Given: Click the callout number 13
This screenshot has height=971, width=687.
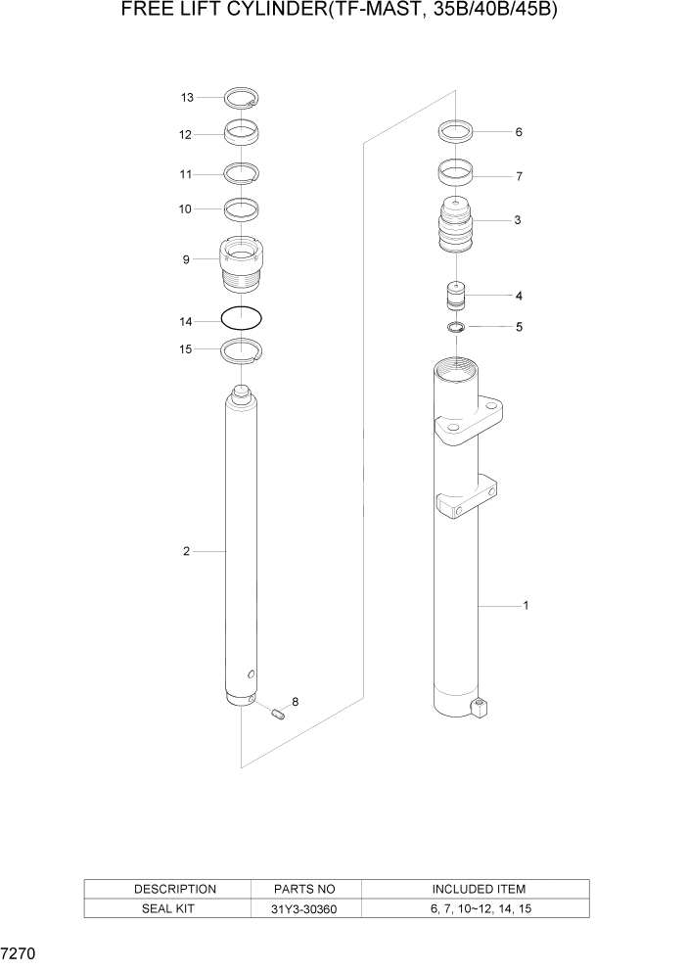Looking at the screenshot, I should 187,97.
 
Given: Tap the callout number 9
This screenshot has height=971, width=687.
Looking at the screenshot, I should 186,259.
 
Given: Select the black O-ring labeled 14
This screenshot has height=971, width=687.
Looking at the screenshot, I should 242,318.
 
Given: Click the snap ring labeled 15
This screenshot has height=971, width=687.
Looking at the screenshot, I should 242,349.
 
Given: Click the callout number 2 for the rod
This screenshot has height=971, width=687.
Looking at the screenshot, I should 186,551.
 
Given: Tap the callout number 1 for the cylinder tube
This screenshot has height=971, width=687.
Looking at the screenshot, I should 526,605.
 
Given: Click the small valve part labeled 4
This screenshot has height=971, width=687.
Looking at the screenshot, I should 456,295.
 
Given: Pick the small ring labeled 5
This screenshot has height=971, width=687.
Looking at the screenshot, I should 456,326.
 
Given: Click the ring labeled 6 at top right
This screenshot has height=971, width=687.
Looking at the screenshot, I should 456,130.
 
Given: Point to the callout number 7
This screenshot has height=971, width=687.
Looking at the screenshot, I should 519,177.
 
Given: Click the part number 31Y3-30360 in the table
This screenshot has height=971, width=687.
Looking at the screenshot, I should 306,909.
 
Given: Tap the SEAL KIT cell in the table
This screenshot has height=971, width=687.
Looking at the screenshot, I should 175,909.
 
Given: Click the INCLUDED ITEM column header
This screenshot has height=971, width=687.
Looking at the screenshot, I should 479,889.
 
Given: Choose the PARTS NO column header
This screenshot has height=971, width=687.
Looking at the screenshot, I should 306,889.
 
